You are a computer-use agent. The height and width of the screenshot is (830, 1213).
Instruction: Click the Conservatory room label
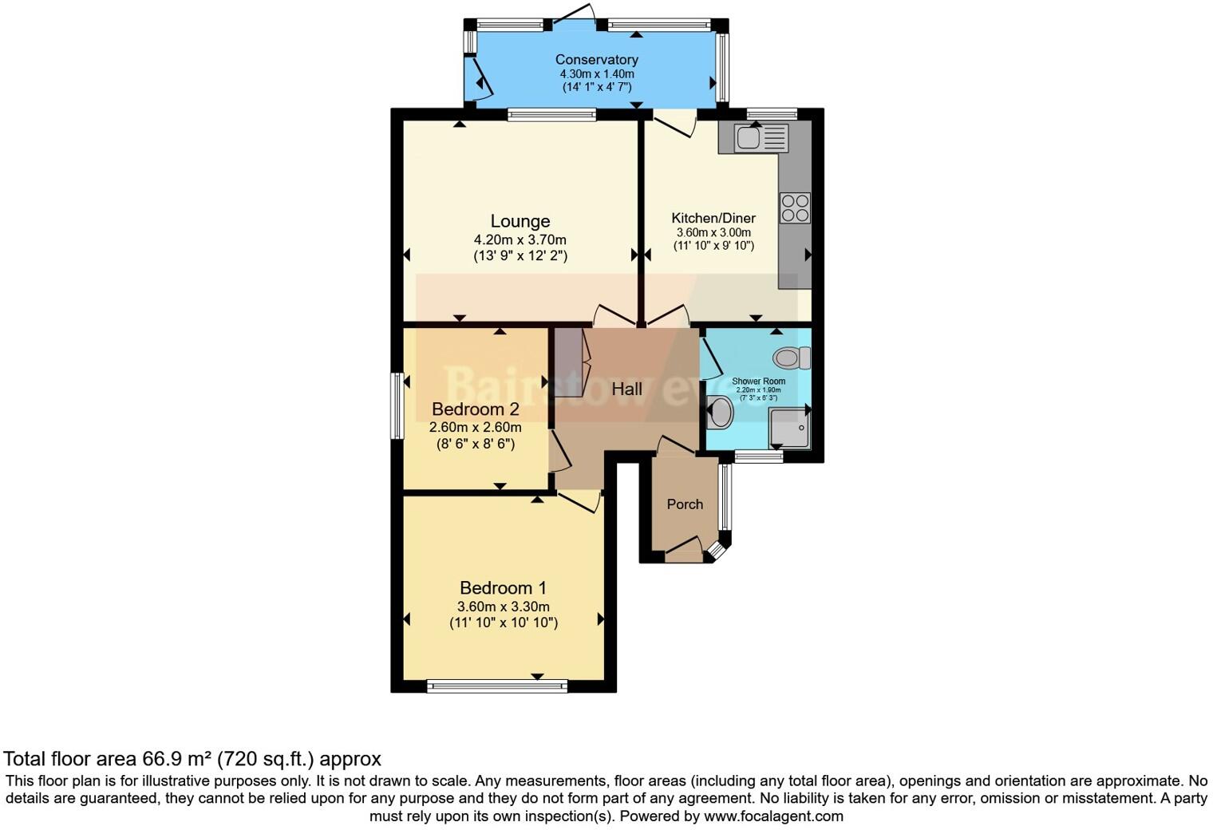click(596, 60)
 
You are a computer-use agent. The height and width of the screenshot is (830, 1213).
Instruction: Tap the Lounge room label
click(520, 221)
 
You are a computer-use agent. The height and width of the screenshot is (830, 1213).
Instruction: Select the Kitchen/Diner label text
click(713, 218)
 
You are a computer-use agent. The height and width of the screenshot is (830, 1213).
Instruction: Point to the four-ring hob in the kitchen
click(795, 208)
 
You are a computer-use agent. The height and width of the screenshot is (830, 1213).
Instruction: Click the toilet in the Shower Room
click(791, 358)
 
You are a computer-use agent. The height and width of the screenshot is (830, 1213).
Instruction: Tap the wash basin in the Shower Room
click(721, 413)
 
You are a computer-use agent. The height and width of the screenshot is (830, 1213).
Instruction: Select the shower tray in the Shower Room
click(788, 429)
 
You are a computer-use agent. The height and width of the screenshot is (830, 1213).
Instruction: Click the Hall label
click(626, 389)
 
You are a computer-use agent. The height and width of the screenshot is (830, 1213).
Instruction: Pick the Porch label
click(685, 504)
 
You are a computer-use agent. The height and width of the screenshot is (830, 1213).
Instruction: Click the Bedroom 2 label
click(475, 409)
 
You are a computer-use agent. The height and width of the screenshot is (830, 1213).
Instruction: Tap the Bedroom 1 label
click(503, 588)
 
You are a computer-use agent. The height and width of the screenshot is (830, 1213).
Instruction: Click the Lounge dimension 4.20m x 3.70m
click(520, 239)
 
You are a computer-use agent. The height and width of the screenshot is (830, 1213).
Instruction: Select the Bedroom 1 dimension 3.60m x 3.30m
click(503, 607)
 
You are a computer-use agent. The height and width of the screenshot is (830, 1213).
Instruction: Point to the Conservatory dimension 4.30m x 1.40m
click(596, 74)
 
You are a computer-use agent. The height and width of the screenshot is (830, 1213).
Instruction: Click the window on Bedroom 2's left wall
click(397, 405)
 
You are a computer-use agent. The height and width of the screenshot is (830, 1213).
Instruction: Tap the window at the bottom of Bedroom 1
click(497, 685)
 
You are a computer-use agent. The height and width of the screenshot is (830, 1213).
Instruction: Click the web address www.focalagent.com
click(773, 816)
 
